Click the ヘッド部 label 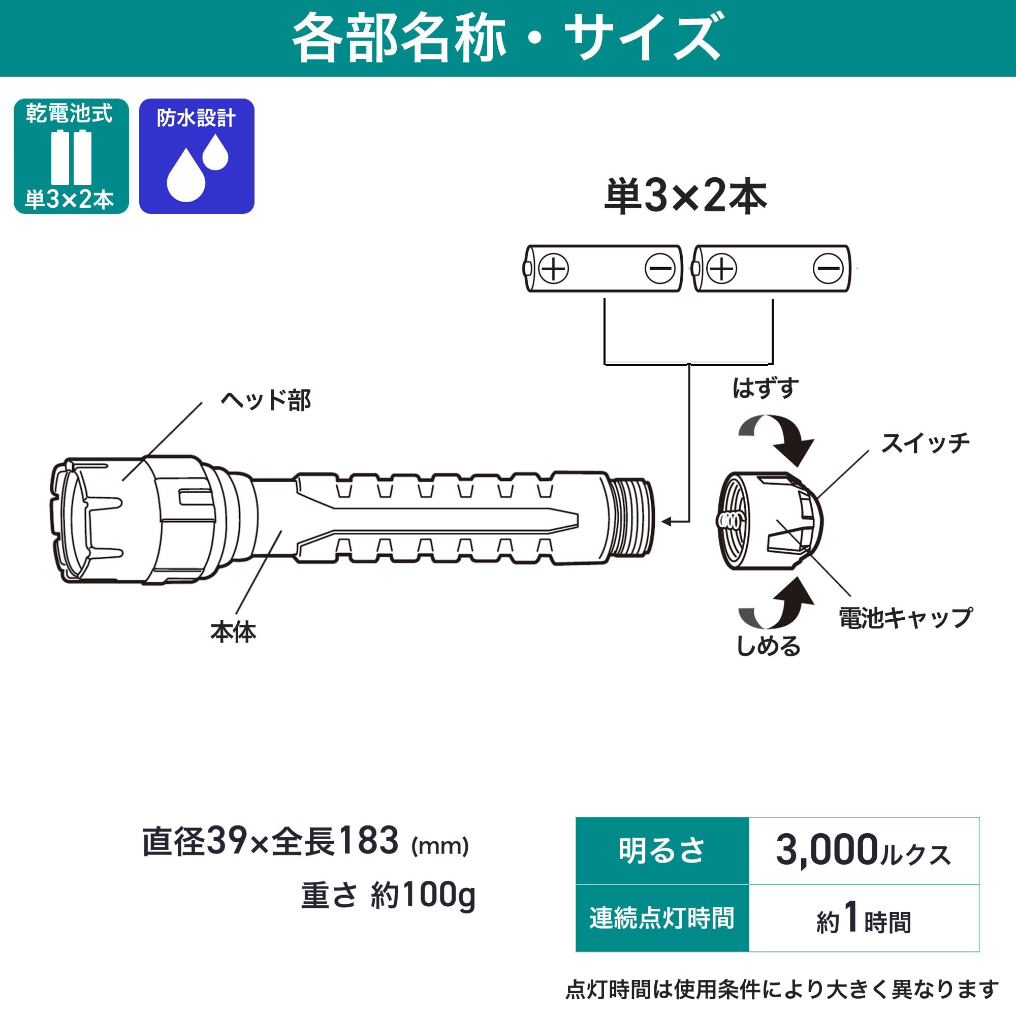[266, 400]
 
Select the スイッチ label [925, 443]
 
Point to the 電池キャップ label [905, 617]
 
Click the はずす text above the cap [765, 388]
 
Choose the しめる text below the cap [768, 645]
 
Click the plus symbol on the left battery [554, 268]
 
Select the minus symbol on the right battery [828, 268]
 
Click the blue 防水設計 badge [197, 156]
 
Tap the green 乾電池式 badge [71, 156]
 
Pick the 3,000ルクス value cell [864, 850]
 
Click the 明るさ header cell [662, 850]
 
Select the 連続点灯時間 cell [662, 918]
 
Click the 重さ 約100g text [388, 896]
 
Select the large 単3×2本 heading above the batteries [686, 196]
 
